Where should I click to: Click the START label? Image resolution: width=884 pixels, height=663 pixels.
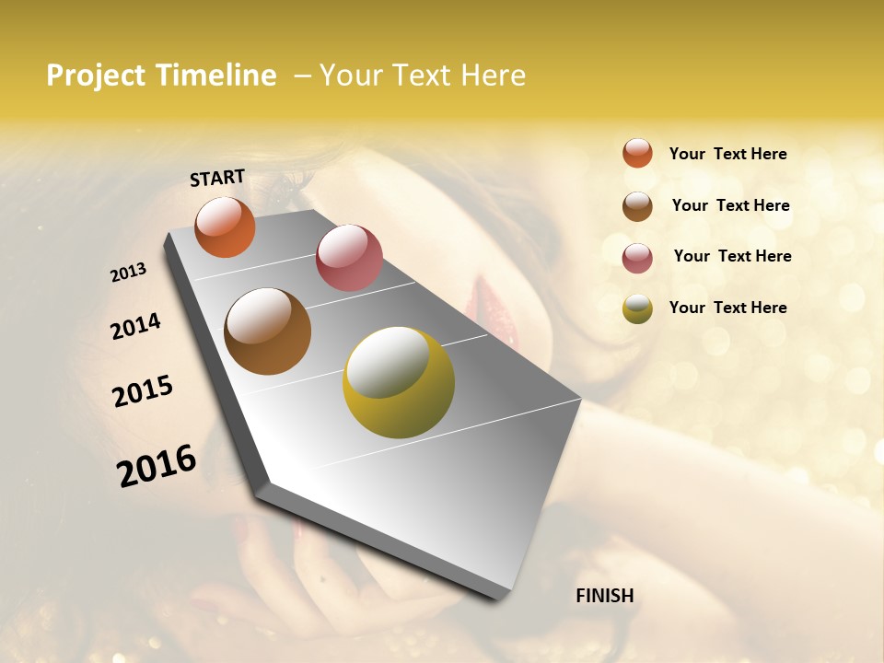217,178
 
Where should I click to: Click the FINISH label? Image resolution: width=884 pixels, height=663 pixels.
604,596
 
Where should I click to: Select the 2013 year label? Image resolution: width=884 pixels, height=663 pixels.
128,273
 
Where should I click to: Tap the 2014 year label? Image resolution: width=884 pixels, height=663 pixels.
135,326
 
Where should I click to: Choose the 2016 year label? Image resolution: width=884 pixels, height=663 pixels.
157,466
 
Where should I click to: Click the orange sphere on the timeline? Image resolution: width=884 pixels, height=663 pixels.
225,227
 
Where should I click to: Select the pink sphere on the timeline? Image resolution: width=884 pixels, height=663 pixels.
349,258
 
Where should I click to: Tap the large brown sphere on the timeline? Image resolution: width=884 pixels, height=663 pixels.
267,331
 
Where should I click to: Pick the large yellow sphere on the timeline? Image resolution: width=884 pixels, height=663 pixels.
399,382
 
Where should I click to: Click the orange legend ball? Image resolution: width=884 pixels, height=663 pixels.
637,153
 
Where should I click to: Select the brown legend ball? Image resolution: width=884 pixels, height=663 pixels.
637,206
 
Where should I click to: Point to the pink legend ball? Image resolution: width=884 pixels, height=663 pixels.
637,258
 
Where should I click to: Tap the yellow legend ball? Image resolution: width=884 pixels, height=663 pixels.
637,308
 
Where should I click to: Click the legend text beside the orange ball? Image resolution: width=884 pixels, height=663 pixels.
727,154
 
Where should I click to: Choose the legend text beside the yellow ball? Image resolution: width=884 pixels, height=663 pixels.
727,308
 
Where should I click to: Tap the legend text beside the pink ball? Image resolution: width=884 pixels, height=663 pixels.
732,256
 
